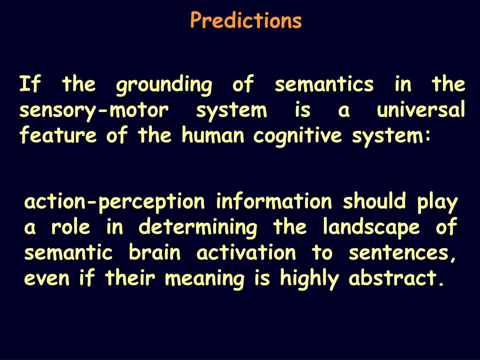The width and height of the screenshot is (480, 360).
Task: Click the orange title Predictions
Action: (246, 21)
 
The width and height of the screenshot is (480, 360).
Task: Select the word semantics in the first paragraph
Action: (324, 85)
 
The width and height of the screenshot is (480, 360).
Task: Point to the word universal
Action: (421, 111)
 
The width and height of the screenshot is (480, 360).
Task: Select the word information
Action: (274, 202)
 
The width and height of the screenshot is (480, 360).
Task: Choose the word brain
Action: (155, 253)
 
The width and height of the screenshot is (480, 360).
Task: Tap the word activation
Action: (247, 253)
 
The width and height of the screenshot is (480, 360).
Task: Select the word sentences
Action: (402, 254)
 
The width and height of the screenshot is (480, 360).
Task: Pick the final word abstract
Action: (395, 279)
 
